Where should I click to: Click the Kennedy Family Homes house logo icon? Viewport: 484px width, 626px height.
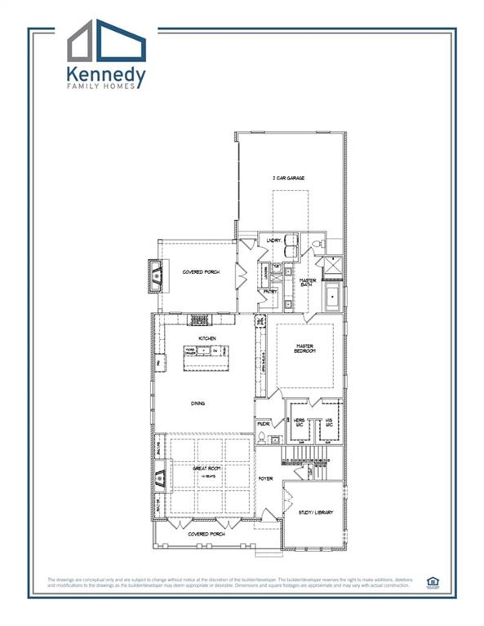point(107,42)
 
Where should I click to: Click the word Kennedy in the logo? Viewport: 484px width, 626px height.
point(107,76)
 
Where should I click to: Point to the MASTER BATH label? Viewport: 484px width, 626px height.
point(308,283)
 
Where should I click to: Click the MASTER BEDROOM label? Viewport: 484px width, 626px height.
point(304,349)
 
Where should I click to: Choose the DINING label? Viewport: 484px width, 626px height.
point(198,403)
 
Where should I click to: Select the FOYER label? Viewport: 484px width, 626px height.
point(266,478)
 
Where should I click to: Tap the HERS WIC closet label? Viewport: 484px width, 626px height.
point(299,422)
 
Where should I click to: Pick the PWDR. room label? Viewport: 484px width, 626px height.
point(264,424)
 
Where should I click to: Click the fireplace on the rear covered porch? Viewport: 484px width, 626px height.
point(155,276)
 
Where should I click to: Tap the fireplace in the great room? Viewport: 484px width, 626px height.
point(159,474)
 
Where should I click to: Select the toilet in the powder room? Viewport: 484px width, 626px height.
point(262,438)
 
